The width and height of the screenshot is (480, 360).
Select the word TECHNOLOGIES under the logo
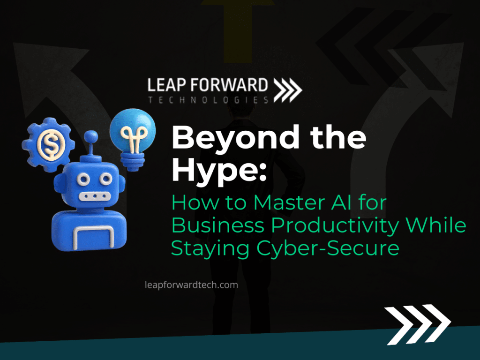click(x=209, y=100)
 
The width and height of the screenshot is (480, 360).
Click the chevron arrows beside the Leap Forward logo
click(x=288, y=90)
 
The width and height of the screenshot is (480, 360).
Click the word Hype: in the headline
click(x=219, y=171)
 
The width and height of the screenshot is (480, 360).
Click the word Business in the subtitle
click(x=217, y=225)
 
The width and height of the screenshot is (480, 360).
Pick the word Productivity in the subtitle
click(x=335, y=226)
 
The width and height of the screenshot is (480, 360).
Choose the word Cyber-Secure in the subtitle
click(x=328, y=249)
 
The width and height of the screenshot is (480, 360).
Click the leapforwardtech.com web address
click(x=191, y=285)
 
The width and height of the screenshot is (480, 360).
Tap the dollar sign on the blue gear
click(x=51, y=144)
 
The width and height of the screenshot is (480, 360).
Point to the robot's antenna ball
click(x=91, y=136)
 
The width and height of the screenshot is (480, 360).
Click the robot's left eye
click(x=83, y=179)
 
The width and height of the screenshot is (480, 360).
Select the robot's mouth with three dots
click(x=95, y=196)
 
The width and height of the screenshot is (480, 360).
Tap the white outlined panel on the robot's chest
click(x=93, y=236)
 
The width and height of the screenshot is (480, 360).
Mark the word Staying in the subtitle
click(x=210, y=249)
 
